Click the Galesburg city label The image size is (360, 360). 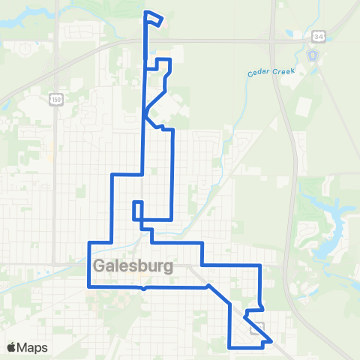pyautogui.click(x=133, y=266)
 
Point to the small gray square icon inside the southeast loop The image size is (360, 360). pyautogui.click(x=259, y=328)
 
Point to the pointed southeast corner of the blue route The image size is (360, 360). pyautogui.click(x=271, y=341)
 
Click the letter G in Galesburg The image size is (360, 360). pyautogui.click(x=100, y=266)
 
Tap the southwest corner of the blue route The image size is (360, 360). pyautogui.click(x=89, y=286)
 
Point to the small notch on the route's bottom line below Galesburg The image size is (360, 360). pyautogui.click(x=142, y=287)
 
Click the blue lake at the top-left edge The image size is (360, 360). pyautogui.click(x=11, y=22)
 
